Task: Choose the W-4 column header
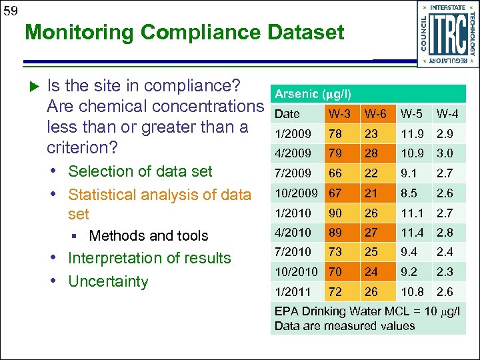click(447, 114)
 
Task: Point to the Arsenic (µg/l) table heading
click(313, 94)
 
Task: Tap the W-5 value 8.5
click(409, 193)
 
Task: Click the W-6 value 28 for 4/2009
click(371, 153)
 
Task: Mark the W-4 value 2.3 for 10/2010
click(444, 272)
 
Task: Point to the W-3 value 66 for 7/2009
click(334, 173)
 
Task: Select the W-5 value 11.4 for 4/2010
click(411, 233)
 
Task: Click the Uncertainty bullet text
click(108, 281)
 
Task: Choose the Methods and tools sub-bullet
click(148, 235)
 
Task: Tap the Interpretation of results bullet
click(149, 258)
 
